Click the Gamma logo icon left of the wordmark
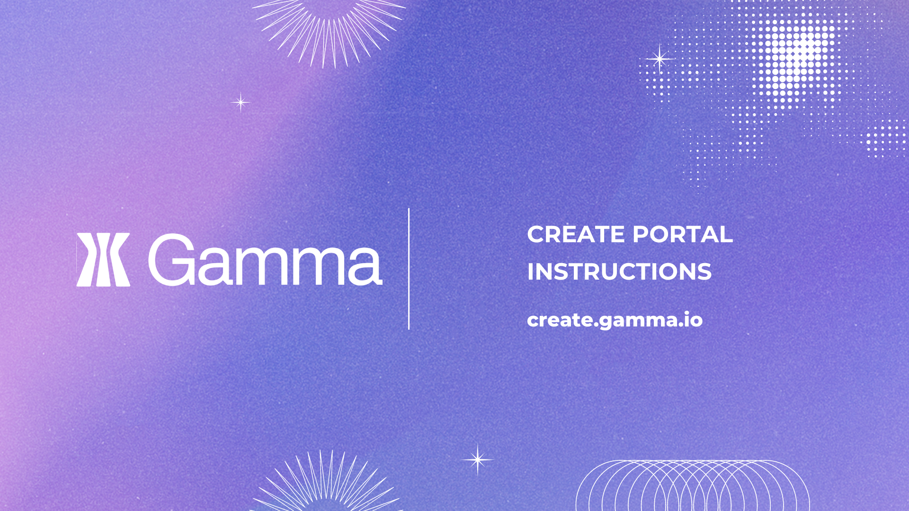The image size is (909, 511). coord(103,260)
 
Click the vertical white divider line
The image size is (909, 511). coord(409,269)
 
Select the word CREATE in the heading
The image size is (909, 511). coord(576,234)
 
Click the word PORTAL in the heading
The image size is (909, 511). coord(683,234)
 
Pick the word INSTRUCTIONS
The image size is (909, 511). coord(619,272)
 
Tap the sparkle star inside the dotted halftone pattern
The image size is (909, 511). coord(659,59)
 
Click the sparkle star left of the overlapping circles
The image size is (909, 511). coord(478,459)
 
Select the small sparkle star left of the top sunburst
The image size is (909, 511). coord(241,102)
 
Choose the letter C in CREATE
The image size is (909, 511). coord(536,234)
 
